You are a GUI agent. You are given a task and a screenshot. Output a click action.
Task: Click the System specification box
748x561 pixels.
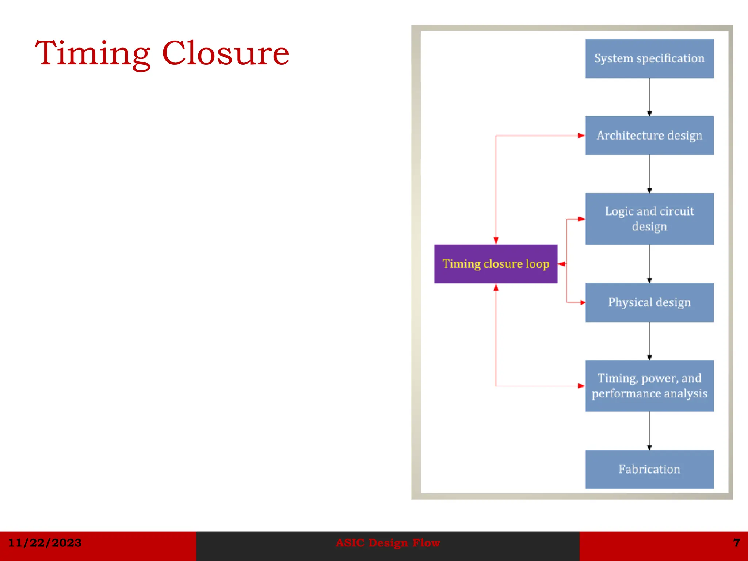click(x=649, y=58)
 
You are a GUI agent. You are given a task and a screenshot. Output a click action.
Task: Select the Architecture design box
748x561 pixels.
click(x=649, y=136)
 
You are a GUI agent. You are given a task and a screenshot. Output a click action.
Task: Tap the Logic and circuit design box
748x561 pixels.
click(x=649, y=219)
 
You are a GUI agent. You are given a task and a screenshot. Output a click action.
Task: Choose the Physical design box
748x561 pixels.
click(x=649, y=302)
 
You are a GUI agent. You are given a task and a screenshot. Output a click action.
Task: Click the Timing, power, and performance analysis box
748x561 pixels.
click(x=649, y=386)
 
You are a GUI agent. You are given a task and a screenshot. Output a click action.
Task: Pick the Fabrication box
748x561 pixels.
click(x=649, y=469)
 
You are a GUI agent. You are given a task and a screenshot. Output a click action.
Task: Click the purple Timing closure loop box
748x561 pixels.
click(x=496, y=264)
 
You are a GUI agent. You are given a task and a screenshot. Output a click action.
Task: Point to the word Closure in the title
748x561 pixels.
click(x=225, y=54)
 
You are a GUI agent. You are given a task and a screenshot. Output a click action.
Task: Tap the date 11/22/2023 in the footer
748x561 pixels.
click(x=45, y=543)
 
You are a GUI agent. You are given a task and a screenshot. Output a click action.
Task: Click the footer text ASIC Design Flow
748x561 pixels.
click(x=388, y=543)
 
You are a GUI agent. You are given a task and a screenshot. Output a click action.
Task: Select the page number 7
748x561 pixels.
click(x=736, y=543)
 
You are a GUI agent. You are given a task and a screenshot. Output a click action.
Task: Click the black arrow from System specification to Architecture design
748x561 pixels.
click(x=649, y=97)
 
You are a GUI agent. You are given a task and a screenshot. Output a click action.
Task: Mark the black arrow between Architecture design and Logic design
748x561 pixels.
click(x=649, y=174)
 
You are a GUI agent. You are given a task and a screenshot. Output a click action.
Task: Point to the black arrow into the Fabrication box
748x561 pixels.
click(x=649, y=431)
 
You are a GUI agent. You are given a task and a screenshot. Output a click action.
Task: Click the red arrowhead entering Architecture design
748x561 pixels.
click(x=581, y=136)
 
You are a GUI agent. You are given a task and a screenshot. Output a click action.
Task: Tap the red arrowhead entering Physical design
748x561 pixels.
click(x=582, y=302)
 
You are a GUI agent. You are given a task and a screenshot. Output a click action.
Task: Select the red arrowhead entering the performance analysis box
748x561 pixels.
click(x=581, y=386)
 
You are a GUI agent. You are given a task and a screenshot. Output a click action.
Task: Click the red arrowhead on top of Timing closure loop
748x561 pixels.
click(x=496, y=240)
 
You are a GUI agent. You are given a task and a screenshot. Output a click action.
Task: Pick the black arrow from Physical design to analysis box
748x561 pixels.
click(x=649, y=341)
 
